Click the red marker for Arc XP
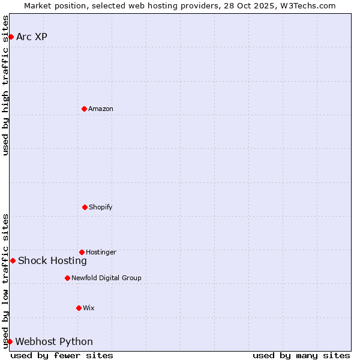pyautogui.click(x=11, y=37)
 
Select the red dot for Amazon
pyautogui.click(x=84, y=109)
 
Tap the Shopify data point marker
pyautogui.click(x=85, y=207)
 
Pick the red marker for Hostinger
pyautogui.click(x=82, y=252)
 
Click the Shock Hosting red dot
pyautogui.click(x=13, y=260)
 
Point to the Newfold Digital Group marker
pyautogui.click(x=67, y=278)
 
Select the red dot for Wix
pyautogui.click(x=79, y=308)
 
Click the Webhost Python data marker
pyautogui.click(x=10, y=341)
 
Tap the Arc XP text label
pyautogui.click(x=32, y=37)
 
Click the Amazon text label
pyautogui.click(x=101, y=109)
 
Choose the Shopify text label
pyautogui.click(x=101, y=207)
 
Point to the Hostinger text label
pyautogui.click(x=101, y=252)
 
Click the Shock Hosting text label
pyautogui.click(x=52, y=260)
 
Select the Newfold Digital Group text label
pyautogui.click(x=106, y=278)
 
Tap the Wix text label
pyautogui.click(x=89, y=308)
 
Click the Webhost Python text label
pyautogui.click(x=54, y=341)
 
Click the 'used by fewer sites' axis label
pyautogui.click(x=62, y=355)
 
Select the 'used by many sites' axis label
pyautogui.click(x=301, y=355)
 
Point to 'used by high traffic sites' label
pyautogui.click(x=5, y=85)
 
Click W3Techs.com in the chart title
pyautogui.click(x=306, y=5)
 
